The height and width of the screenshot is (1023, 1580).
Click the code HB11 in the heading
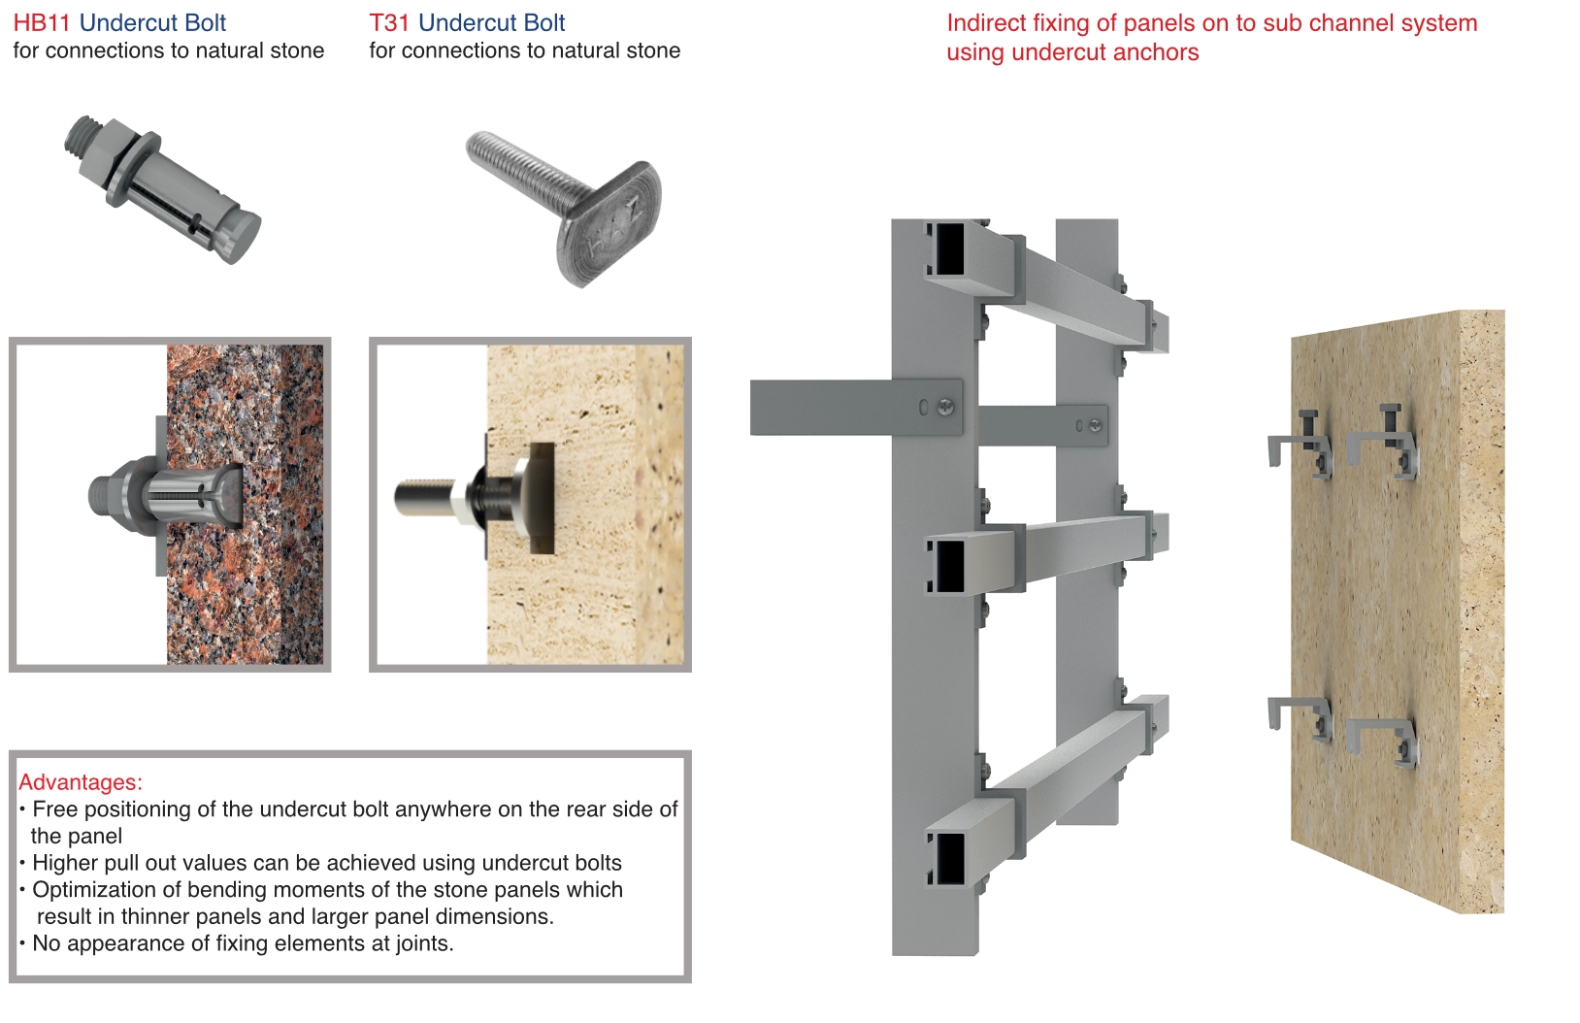coord(42,22)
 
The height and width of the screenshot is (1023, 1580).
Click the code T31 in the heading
coord(389,22)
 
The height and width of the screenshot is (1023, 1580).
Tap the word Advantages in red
coord(79,781)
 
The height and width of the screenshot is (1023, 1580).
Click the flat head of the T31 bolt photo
coord(609,224)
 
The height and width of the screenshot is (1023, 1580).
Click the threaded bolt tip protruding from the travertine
coord(423,496)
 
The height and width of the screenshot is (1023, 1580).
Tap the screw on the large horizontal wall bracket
coord(946,407)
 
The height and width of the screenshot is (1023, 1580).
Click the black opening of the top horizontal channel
coord(949,249)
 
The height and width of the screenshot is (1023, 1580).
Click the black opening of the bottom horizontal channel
coord(949,859)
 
